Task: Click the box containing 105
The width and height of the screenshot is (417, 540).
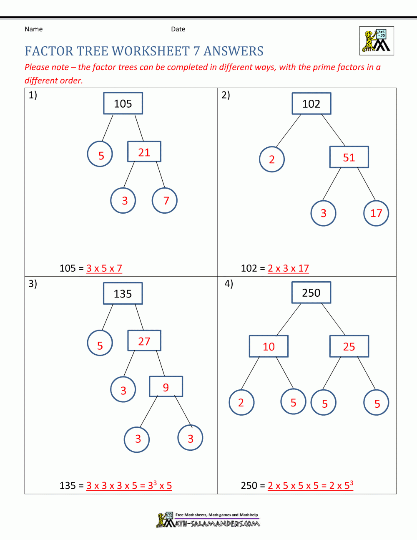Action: (123, 103)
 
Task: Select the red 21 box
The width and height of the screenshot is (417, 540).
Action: (144, 152)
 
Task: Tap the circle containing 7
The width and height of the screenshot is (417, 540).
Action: (165, 201)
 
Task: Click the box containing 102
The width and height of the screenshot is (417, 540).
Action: (311, 103)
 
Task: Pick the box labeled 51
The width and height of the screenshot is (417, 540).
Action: (349, 157)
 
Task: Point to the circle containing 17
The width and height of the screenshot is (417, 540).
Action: (376, 213)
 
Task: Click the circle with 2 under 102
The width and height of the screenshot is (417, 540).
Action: (272, 159)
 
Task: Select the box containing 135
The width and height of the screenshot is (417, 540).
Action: (123, 294)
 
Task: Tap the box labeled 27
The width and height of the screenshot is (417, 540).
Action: (144, 341)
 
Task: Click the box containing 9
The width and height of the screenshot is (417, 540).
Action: (166, 387)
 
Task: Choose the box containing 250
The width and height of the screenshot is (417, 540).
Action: (311, 293)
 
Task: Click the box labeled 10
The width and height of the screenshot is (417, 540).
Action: (269, 346)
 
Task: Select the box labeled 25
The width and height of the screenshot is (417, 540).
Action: (349, 346)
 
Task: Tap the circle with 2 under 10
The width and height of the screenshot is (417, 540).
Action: (241, 403)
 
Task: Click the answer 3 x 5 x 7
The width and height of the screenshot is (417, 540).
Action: (104, 268)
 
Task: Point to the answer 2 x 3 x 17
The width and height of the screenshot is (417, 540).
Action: (288, 268)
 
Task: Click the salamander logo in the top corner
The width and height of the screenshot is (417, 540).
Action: (377, 41)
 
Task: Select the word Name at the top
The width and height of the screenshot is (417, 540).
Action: (33, 29)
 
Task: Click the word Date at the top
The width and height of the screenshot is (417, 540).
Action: (178, 29)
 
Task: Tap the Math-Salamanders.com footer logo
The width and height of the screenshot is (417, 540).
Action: (208, 520)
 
